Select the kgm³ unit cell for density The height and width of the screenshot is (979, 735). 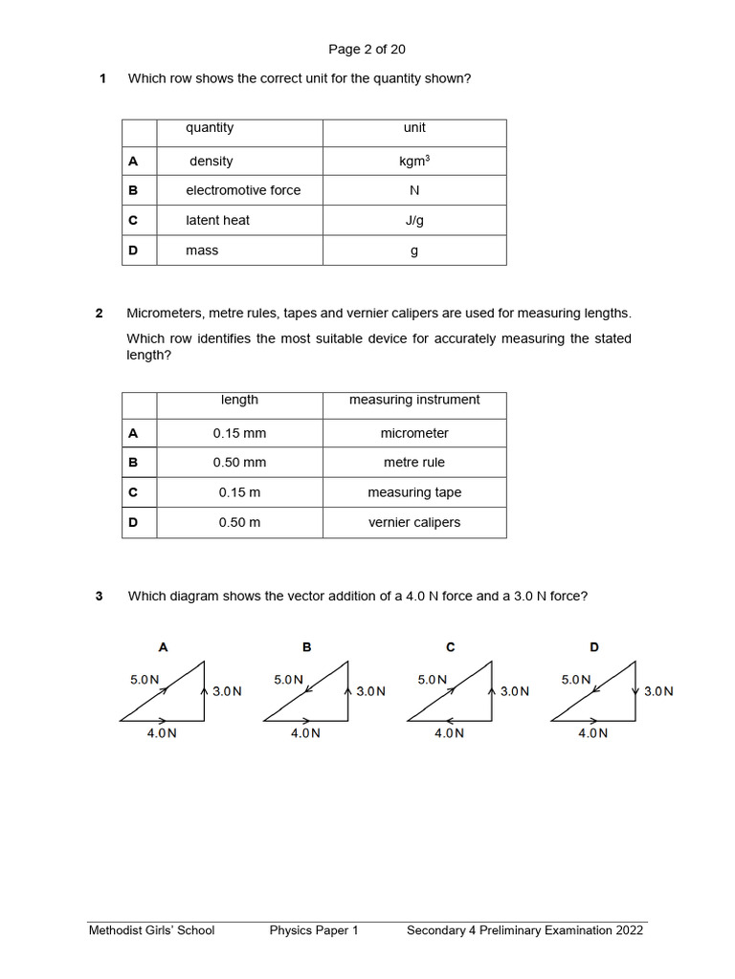pos(414,162)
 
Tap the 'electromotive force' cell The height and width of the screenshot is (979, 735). pos(243,190)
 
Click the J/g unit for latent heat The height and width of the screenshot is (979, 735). pos(414,220)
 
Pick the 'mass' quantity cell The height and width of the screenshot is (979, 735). pos(202,250)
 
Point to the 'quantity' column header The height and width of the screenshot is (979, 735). pos(210,128)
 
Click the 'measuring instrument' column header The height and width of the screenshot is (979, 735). pos(414,400)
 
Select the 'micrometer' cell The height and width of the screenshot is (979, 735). pos(414,433)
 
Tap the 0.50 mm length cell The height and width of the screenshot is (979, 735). pos(239,463)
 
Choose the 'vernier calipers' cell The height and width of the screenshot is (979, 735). pos(414,523)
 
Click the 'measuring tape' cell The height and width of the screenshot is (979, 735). pos(414,492)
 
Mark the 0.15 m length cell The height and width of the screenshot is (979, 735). pos(239,492)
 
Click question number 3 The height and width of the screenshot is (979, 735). pos(99,597)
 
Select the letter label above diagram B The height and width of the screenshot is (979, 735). pos(307,647)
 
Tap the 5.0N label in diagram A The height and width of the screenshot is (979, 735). pos(145,680)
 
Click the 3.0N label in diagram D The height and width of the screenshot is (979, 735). pos(658,691)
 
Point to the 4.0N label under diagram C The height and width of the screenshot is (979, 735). pos(449,733)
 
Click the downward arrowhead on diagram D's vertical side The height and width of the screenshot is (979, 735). pos(635,691)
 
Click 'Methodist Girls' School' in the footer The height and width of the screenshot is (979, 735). pos(151,930)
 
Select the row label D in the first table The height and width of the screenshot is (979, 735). pos(133,250)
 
